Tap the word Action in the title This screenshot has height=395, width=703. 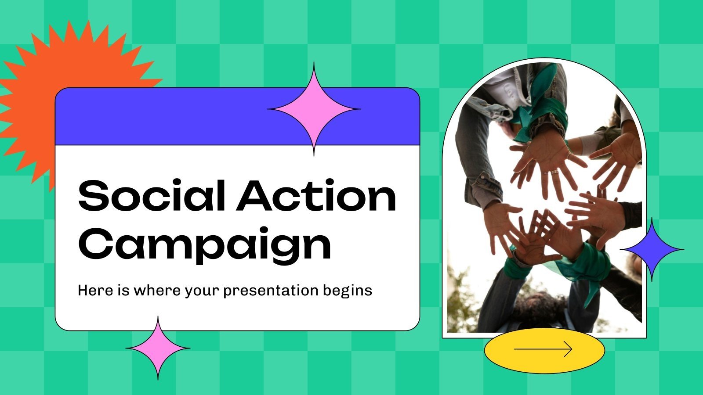(316, 195)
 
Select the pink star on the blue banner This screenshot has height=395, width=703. (314, 109)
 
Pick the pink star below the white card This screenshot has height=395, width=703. (158, 348)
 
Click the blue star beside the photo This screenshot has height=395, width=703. (652, 249)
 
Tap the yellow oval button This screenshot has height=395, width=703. (544, 350)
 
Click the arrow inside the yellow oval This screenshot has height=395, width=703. (544, 349)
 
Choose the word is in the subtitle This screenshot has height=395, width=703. (123, 291)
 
